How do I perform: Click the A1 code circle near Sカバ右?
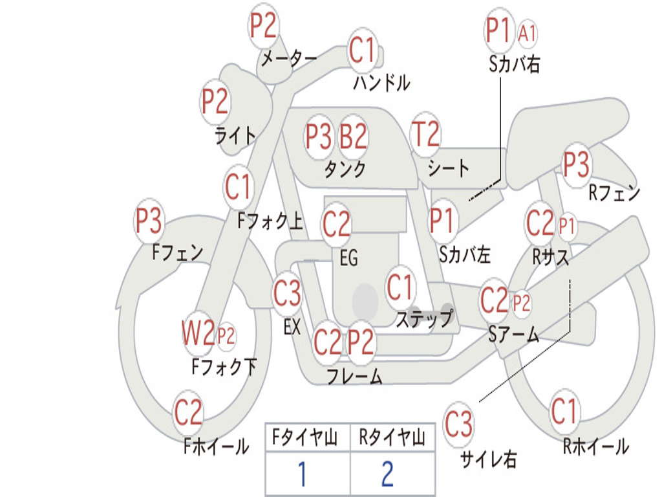click(x=527, y=32)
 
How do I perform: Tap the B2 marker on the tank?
click(x=354, y=137)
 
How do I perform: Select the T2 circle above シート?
click(x=425, y=134)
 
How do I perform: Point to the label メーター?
click(x=289, y=58)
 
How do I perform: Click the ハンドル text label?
click(x=381, y=82)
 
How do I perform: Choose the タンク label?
click(x=345, y=169)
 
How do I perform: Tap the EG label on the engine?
click(x=348, y=258)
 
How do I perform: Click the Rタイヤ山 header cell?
click(x=392, y=437)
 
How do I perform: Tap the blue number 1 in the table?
click(x=303, y=474)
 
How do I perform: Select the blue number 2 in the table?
click(x=388, y=474)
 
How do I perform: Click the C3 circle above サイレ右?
click(x=458, y=423)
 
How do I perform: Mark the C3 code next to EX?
click(x=287, y=293)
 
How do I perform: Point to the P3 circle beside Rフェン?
click(x=576, y=164)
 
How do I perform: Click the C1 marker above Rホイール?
click(x=564, y=410)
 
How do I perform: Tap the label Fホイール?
click(x=216, y=447)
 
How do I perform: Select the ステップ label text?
click(x=425, y=318)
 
